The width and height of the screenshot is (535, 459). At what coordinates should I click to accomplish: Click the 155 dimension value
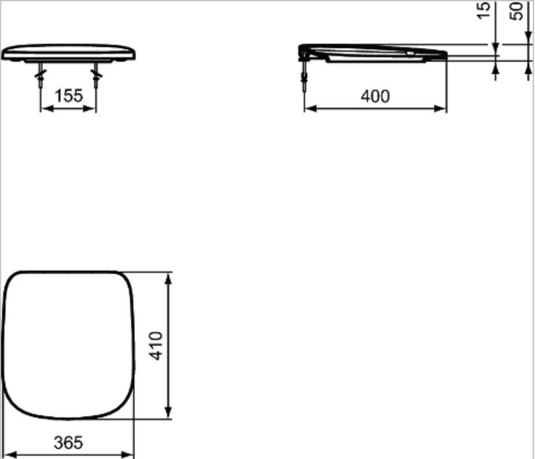[x=68, y=96]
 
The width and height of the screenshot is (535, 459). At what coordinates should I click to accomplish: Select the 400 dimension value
[x=375, y=96]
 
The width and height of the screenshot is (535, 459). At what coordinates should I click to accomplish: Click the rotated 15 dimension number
[x=485, y=11]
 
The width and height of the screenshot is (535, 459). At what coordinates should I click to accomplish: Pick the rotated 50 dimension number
[x=519, y=11]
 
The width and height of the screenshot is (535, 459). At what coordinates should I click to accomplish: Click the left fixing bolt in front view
[x=41, y=75]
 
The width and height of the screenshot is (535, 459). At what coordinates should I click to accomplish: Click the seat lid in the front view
[x=69, y=52]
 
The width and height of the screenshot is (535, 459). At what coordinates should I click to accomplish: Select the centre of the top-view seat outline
[x=68, y=345]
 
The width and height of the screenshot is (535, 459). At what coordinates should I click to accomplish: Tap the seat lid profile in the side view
[x=374, y=52]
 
